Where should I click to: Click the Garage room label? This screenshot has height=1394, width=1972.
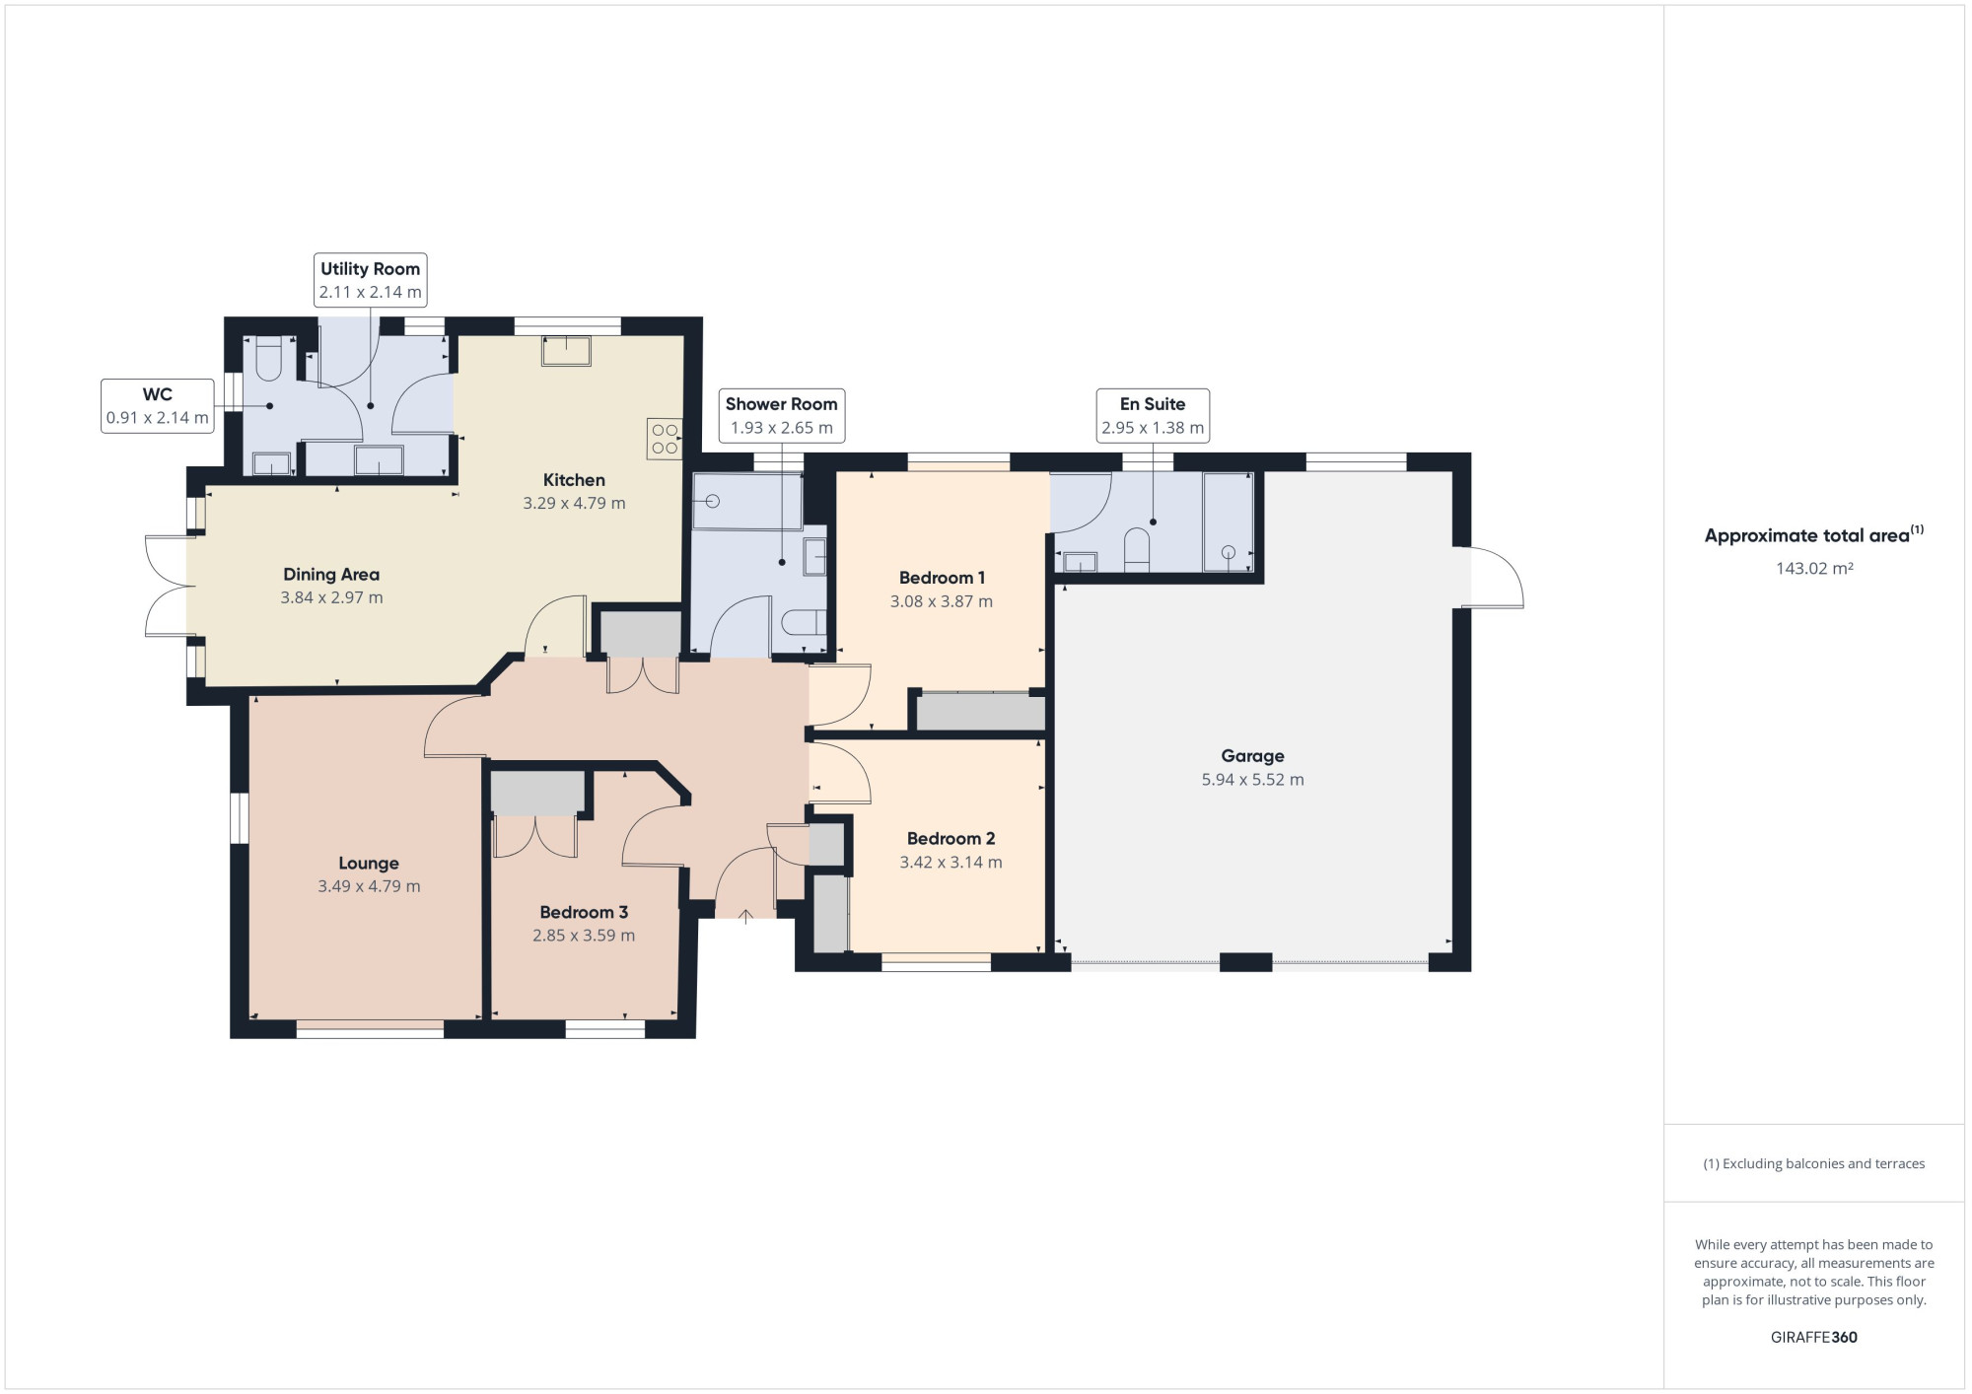pos(1252,756)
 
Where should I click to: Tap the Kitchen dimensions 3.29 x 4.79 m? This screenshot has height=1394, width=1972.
pos(574,504)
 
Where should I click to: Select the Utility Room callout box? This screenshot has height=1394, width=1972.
pos(370,280)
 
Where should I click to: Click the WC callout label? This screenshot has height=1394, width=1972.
pos(158,395)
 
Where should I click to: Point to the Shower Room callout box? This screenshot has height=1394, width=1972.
pos(781,415)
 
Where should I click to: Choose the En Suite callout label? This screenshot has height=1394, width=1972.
pos(1152,404)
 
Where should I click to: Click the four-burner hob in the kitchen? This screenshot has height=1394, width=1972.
pos(665,439)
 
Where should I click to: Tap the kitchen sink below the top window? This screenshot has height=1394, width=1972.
pos(566,351)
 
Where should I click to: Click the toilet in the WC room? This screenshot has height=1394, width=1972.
pos(269,360)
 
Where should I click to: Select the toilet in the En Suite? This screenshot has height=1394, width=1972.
pos(1137,550)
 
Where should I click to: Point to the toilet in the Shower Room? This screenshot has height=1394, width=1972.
pos(803,623)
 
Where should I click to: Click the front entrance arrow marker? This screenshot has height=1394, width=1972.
pos(745,916)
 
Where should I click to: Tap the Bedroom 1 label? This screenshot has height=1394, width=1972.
pos(942,578)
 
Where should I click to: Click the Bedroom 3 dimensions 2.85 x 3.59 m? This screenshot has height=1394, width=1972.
pos(584,936)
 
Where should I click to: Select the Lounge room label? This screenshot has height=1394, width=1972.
pos(369,864)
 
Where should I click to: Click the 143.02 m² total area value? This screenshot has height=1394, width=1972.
pos(1814,569)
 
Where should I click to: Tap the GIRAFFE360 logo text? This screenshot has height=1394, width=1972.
pos(1814,1338)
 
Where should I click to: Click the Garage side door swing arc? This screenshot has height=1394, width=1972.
pos(1497,577)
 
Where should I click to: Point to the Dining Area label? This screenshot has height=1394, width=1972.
pos(331,575)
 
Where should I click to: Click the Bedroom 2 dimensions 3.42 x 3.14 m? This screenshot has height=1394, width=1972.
pos(951,863)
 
